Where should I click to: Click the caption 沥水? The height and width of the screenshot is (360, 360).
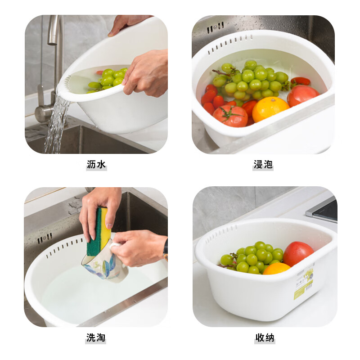[96, 165]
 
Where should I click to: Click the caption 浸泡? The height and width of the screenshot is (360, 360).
[263, 165]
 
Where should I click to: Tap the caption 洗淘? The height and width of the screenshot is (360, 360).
[96, 337]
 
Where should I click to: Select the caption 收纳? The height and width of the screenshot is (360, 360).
[265, 337]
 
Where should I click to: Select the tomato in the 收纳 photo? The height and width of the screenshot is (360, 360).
[297, 253]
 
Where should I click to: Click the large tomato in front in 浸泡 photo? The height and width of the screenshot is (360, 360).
[230, 116]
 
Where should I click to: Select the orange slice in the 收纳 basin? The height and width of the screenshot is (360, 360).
[276, 269]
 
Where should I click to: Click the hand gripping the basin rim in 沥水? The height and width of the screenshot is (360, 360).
[146, 72]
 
